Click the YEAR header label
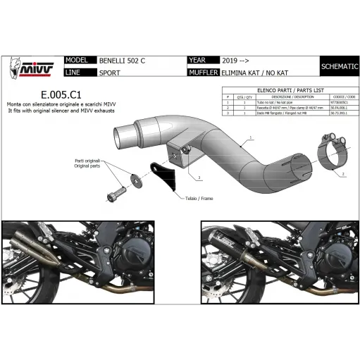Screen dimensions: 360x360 click(x=199, y=61)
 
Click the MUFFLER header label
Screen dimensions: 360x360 click(x=204, y=72)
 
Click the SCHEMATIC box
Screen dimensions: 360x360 click(x=338, y=66)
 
